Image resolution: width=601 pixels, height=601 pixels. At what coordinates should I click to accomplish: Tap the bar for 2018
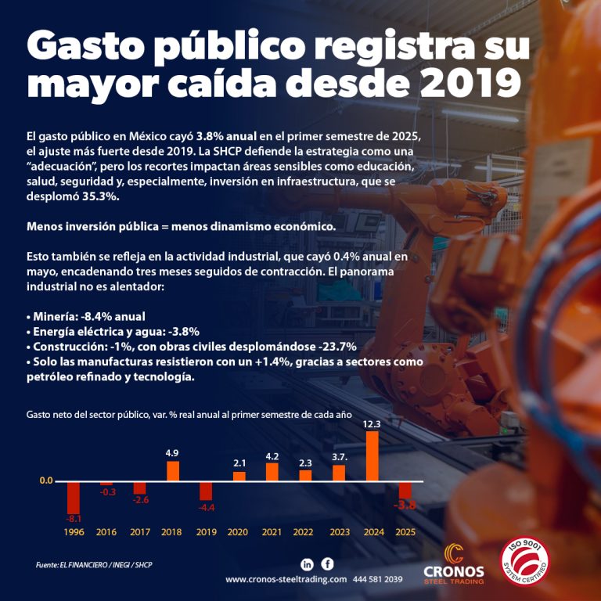coord(173,470)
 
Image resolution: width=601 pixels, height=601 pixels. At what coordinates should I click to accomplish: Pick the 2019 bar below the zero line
coord(206,490)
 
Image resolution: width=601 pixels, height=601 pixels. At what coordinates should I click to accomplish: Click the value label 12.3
coord(372,423)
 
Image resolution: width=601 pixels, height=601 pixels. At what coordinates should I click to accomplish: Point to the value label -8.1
coord(74,518)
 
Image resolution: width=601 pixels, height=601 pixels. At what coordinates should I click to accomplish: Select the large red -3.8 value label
coord(405,506)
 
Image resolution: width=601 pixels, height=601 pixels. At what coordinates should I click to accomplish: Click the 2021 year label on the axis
coord(272,532)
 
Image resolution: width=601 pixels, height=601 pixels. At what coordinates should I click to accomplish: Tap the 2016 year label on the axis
coord(106,532)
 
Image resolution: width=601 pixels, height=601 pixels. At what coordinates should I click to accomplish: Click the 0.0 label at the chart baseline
coord(46,480)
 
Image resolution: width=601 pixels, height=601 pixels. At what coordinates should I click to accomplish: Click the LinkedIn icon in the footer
coord(308,564)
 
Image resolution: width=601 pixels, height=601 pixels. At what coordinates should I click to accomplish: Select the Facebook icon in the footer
coord(327,563)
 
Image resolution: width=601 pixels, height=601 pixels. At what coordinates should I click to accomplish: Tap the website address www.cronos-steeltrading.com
coord(286,580)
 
